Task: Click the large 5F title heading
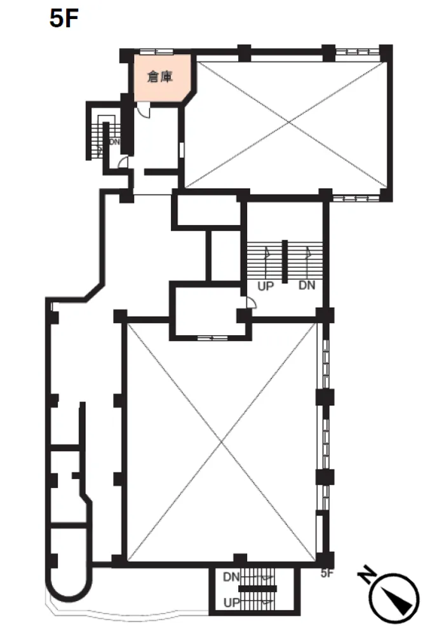click(x=64, y=18)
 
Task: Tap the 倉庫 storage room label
click(x=161, y=76)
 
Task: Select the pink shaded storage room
click(x=162, y=78)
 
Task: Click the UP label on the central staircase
click(x=266, y=286)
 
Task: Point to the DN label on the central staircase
click(x=307, y=286)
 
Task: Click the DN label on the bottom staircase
click(x=231, y=577)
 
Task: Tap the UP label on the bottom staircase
click(x=232, y=603)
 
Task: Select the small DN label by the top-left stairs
click(x=114, y=142)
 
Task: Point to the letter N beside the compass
click(x=366, y=573)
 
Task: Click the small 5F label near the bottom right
click(x=327, y=574)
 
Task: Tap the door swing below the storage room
click(x=144, y=109)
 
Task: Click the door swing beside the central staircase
click(x=251, y=303)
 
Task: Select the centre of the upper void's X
click(x=288, y=122)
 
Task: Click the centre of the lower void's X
click(x=221, y=442)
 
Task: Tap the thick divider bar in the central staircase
click(x=285, y=261)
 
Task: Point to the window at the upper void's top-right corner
click(x=358, y=52)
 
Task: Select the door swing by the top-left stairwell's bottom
click(x=123, y=162)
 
